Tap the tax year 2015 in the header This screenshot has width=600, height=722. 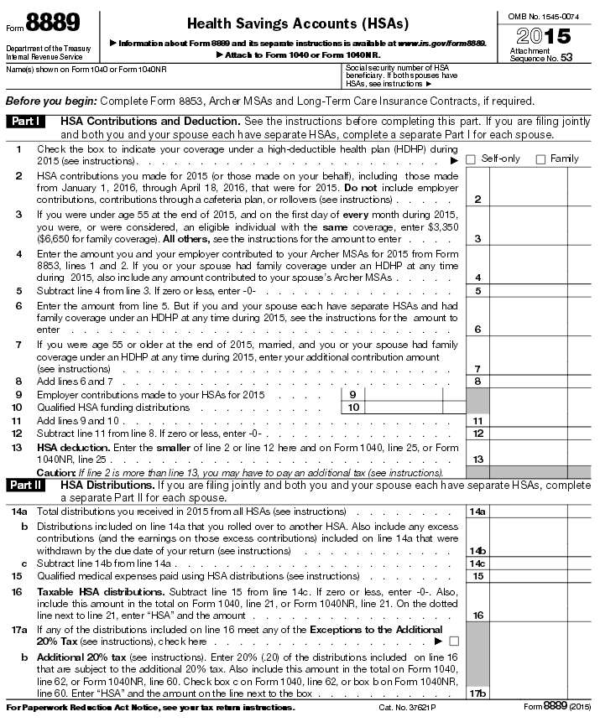545,35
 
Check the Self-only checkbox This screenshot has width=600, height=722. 471,159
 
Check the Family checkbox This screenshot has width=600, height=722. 540,159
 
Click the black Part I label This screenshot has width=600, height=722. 28,122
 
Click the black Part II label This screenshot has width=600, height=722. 29,485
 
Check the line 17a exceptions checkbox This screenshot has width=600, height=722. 454,641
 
